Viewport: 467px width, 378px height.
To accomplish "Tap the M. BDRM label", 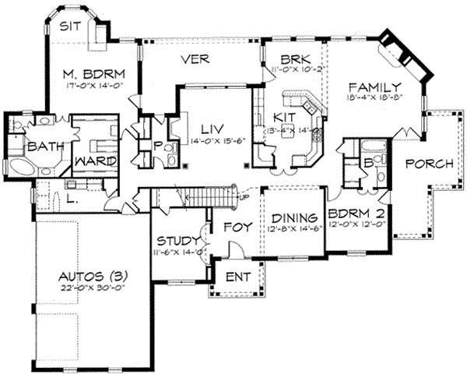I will coord(90,75).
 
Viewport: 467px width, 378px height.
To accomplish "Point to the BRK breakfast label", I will coord(296,58).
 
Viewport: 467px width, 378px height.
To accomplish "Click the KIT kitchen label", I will coord(281,117).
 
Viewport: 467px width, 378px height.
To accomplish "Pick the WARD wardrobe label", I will coord(95,161).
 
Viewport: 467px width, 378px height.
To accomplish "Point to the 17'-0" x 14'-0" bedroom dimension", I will coord(90,87).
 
